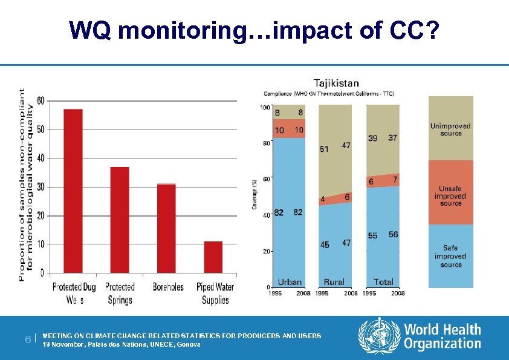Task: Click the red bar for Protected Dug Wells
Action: tap(73, 191)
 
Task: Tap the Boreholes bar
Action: tap(166, 228)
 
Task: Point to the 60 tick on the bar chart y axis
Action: tap(40, 100)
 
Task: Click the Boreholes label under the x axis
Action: tap(168, 287)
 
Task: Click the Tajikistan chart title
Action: tap(336, 83)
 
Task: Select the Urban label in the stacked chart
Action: tap(290, 282)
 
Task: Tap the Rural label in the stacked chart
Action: tap(334, 282)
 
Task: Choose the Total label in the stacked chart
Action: tap(383, 282)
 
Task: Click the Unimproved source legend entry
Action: tap(450, 129)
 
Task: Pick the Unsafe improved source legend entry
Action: tap(450, 196)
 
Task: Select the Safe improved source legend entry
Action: tap(450, 257)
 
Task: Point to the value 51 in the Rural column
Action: tap(325, 149)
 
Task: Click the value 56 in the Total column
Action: tap(393, 234)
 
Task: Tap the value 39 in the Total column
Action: tap(373, 138)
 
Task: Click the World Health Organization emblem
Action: tap(379, 336)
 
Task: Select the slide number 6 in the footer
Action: tap(28, 339)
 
